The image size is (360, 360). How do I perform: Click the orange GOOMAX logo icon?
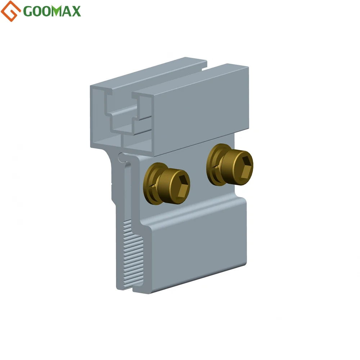(11, 11)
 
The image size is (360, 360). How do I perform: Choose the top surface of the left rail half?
(144, 72)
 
